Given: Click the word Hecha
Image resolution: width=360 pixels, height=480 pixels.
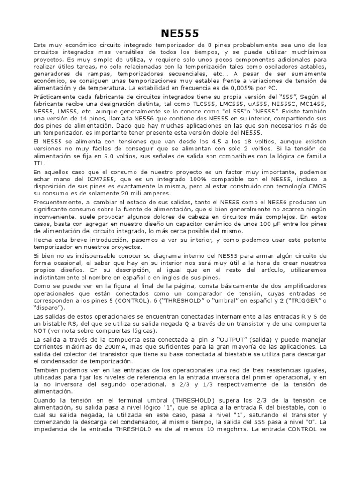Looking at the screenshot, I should click(43, 239).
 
